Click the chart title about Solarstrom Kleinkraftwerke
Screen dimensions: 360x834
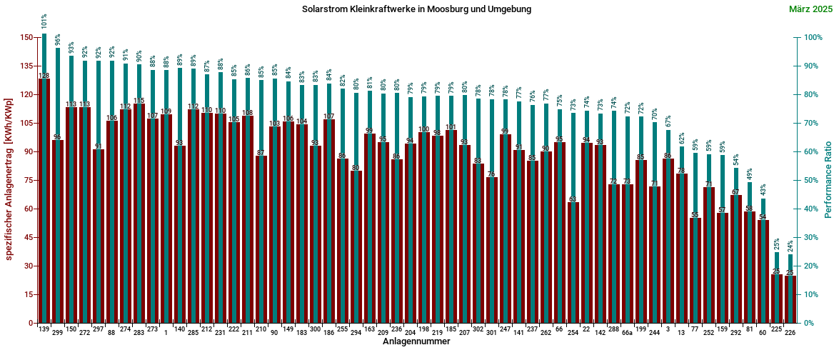pos(416,9)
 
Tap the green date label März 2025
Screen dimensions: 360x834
pos(810,9)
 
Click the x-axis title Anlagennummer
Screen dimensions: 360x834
pos(416,342)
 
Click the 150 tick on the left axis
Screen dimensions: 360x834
pos(26,37)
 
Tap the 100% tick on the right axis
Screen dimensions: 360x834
pos(813,37)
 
